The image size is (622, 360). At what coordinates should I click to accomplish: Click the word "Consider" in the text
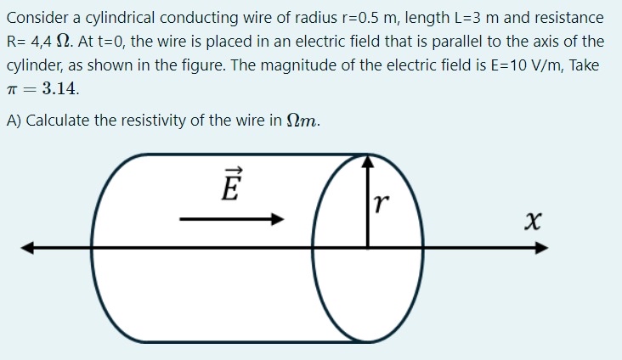[x=36, y=17]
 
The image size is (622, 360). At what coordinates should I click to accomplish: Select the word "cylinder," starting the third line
[x=33, y=65]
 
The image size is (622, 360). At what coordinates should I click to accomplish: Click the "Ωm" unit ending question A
[x=305, y=120]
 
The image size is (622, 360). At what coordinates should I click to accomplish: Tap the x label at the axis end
[x=533, y=222]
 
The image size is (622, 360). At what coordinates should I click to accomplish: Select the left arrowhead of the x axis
[x=28, y=248]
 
